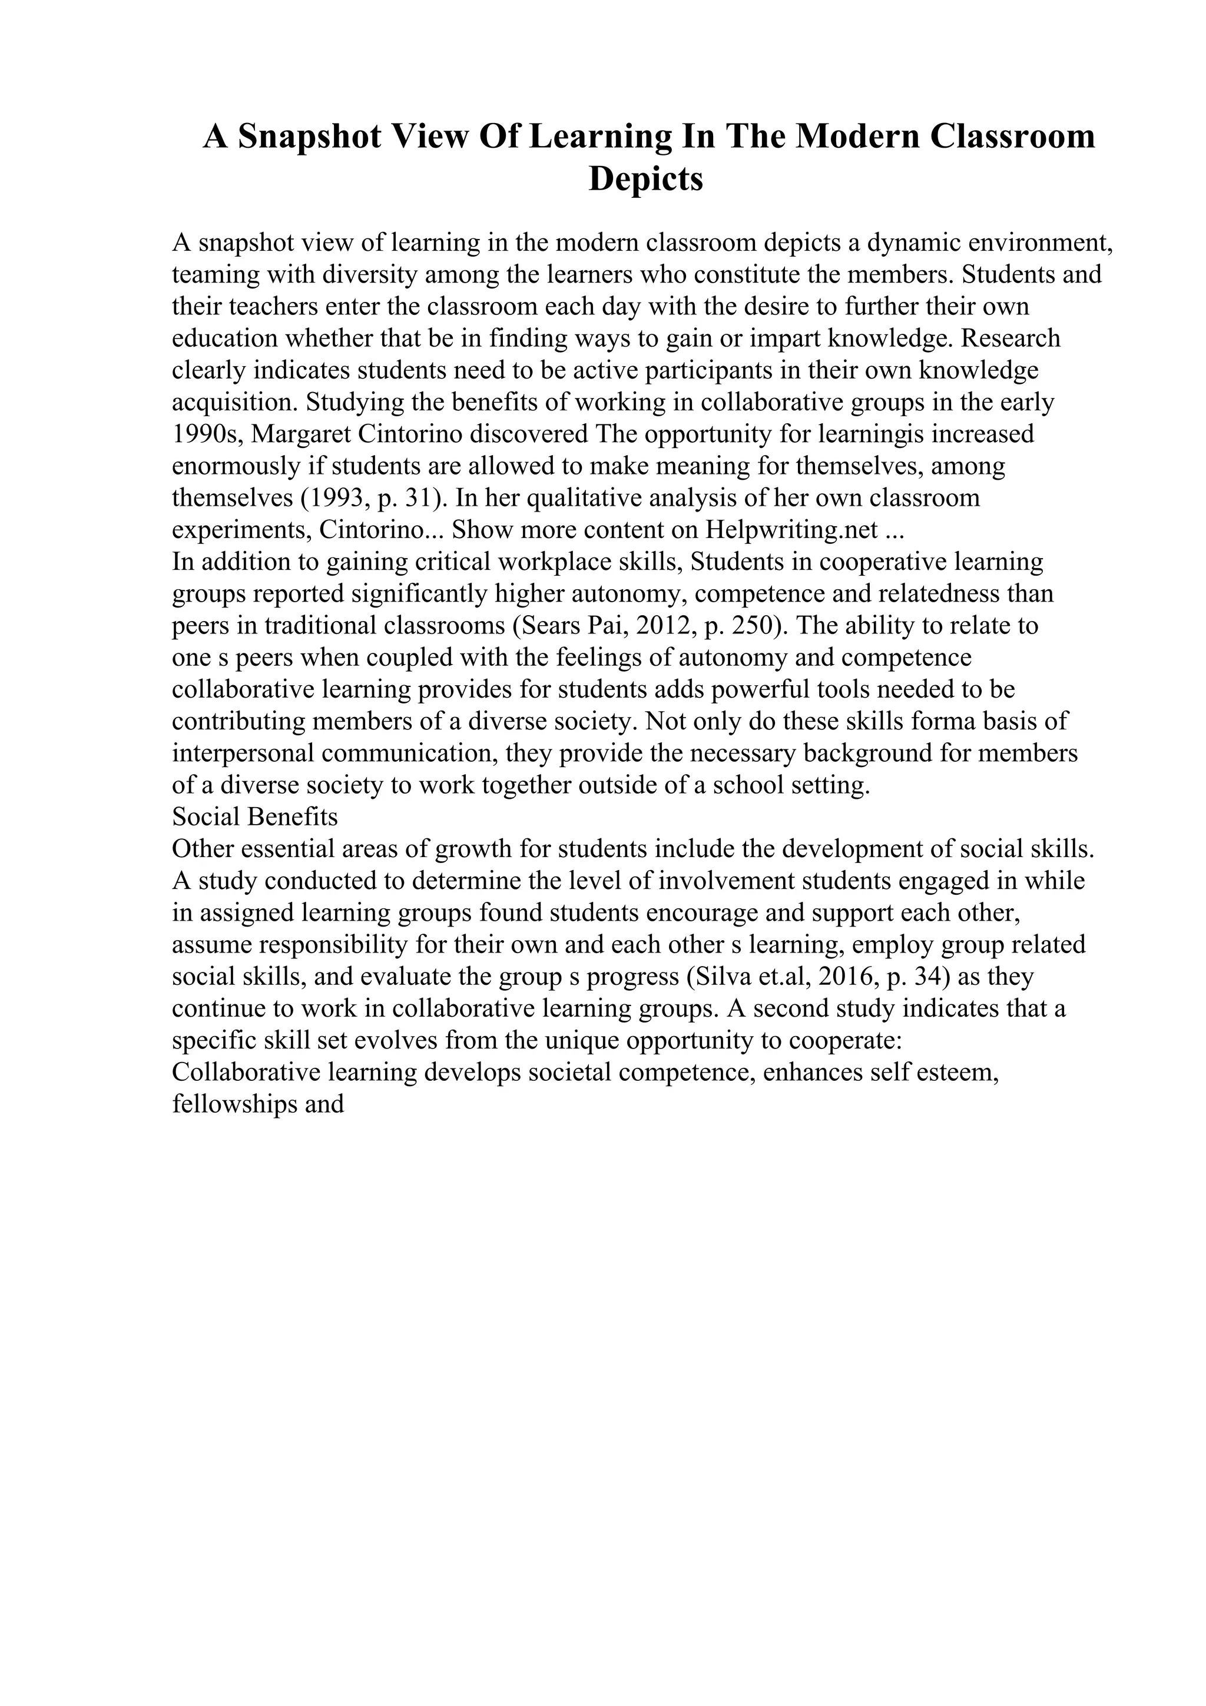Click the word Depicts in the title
(645, 180)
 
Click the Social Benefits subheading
(255, 817)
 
